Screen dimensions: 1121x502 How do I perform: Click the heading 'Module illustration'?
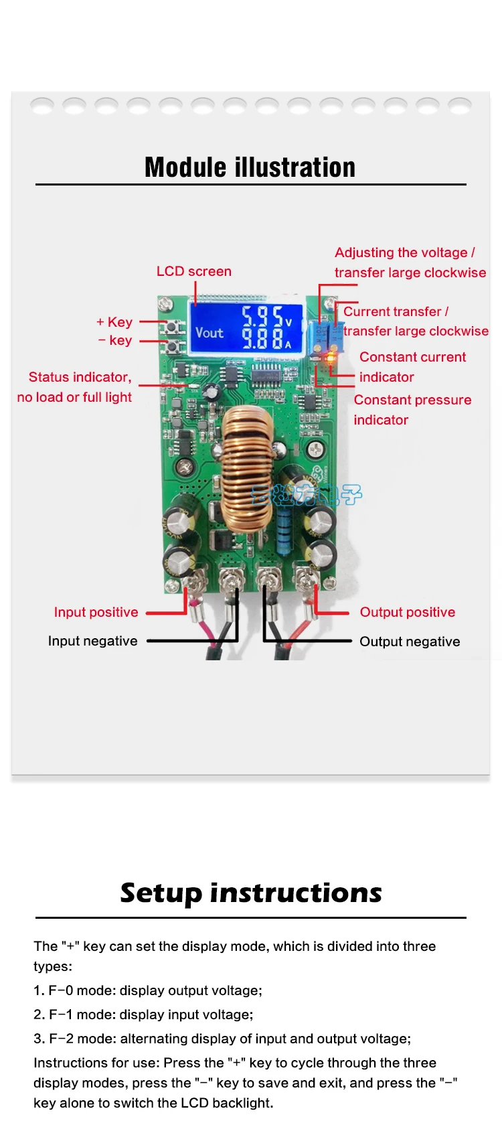[250, 167]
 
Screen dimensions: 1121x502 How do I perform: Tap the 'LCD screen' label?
[193, 271]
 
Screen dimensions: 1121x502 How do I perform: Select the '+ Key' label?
[114, 322]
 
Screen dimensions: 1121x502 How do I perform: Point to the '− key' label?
[115, 340]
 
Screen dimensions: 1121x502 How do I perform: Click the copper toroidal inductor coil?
[247, 468]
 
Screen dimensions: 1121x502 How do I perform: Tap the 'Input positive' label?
[96, 612]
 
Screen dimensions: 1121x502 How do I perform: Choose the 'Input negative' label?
[92, 641]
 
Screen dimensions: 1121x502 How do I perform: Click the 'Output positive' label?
[407, 612]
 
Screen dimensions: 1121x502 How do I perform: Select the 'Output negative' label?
[410, 642]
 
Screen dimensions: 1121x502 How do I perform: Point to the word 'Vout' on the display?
[209, 332]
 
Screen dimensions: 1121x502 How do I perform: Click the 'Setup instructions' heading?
[251, 893]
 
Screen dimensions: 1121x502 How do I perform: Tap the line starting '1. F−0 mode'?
[148, 990]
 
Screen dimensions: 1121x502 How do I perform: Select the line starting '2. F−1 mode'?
[143, 1015]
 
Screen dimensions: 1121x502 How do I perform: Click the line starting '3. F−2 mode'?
[222, 1039]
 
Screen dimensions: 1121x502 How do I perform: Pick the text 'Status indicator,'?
[80, 377]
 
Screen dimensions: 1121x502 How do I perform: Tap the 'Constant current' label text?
[412, 357]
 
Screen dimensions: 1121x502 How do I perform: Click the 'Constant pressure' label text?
[412, 400]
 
